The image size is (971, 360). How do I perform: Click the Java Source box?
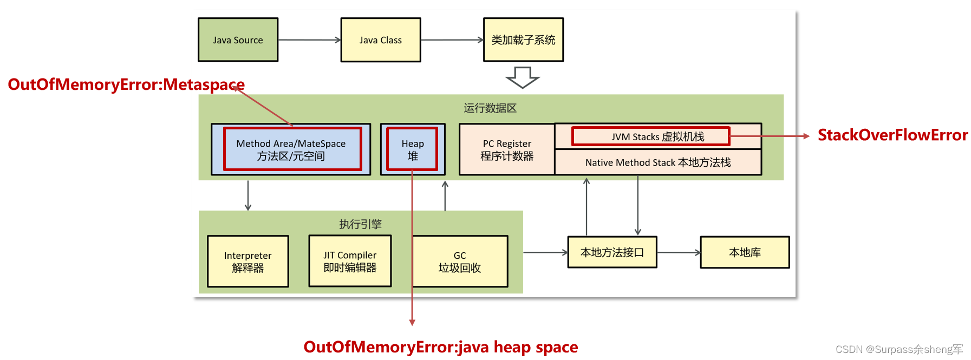238,40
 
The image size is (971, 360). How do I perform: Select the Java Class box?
380,40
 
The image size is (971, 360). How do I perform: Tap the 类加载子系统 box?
523,40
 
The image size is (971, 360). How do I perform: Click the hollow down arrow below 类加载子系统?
523,77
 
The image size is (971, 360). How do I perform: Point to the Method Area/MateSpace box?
291,149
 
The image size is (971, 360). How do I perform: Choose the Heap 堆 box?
413,149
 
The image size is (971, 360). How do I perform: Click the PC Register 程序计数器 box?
507,150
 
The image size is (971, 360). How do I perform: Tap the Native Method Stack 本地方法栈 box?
658,162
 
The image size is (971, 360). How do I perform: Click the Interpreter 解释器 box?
248,261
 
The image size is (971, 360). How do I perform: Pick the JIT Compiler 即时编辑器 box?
350,261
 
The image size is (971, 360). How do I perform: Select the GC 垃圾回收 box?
460,261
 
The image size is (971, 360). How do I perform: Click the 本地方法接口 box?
612,252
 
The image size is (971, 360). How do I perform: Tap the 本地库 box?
745,252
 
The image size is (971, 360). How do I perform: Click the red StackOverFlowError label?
892,135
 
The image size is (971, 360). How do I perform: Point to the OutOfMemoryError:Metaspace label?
126,84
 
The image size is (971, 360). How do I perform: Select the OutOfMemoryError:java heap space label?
440,347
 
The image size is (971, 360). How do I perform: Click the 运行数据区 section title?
490,108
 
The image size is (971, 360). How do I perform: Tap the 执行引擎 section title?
360,224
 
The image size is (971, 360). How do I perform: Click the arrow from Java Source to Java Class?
309,40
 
